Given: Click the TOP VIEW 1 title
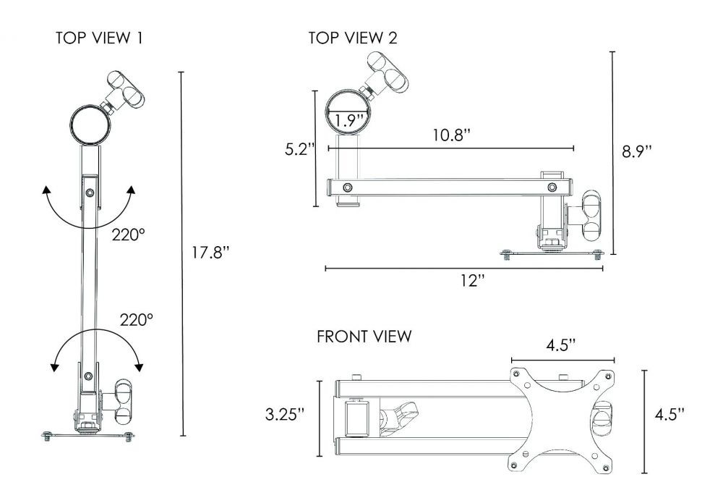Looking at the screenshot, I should pyautogui.click(x=99, y=38).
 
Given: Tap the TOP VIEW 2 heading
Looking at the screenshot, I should pyautogui.click(x=353, y=38).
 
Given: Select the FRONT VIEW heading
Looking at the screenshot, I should pyautogui.click(x=365, y=337).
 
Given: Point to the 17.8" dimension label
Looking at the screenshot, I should pyautogui.click(x=210, y=253).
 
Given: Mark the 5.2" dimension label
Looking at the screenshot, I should pyautogui.click(x=299, y=150).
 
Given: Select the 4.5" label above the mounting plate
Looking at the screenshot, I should pyautogui.click(x=562, y=344).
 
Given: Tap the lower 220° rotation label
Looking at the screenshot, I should pyautogui.click(x=137, y=318).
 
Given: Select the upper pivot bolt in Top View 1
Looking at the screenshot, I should pyautogui.click(x=89, y=193).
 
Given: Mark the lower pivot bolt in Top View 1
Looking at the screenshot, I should pyautogui.click(x=88, y=375).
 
